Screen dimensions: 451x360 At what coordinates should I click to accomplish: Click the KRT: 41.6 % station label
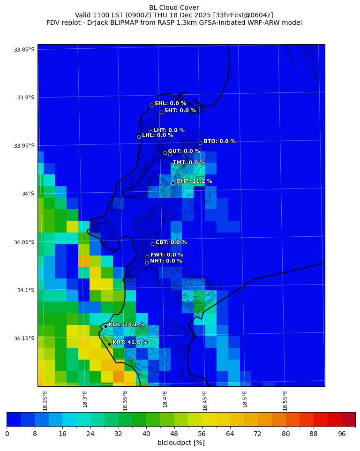click(x=130, y=342)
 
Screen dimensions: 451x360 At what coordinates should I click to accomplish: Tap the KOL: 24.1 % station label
click(x=127, y=324)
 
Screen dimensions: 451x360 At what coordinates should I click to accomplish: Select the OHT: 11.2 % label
click(x=194, y=181)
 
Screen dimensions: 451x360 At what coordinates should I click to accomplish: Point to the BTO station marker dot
click(x=200, y=143)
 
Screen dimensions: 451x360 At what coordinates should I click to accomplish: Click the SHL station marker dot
click(x=151, y=105)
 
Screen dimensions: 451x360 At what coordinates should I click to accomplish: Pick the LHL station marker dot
click(x=139, y=137)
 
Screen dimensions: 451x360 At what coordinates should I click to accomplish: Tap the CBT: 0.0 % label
click(x=171, y=242)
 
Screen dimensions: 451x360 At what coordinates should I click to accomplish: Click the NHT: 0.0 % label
click(x=166, y=261)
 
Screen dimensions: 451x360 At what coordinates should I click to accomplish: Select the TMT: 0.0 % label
click(x=188, y=162)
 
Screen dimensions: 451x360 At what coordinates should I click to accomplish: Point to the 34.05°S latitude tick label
click(x=24, y=242)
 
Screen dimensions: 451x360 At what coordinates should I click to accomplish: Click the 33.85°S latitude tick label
click(x=24, y=50)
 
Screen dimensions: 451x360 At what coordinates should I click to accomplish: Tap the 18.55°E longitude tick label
click(x=285, y=400)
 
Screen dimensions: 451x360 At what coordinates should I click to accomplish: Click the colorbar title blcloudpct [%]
click(x=181, y=443)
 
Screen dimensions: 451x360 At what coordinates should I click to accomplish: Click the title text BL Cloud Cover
click(x=174, y=8)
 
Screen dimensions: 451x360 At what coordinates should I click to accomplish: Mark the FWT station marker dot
click(x=147, y=256)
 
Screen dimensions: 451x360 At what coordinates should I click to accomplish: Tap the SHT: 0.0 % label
click(x=180, y=110)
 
